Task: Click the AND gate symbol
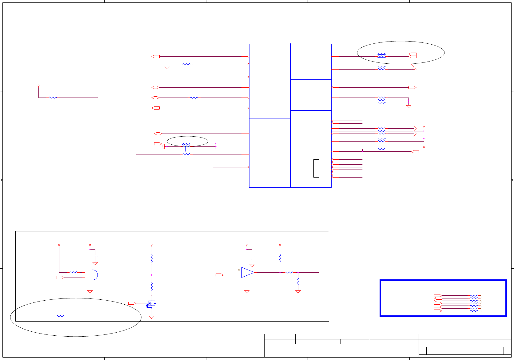click(x=91, y=275)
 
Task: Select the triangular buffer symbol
click(x=248, y=272)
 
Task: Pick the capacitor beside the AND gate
click(x=95, y=255)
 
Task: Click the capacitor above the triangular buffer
click(x=252, y=255)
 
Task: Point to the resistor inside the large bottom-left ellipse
click(x=61, y=316)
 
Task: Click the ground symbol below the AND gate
click(x=90, y=291)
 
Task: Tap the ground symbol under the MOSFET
click(x=151, y=317)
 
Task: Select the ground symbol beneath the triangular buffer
click(x=246, y=291)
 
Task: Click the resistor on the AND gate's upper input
click(x=73, y=272)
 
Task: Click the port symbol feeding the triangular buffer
click(x=220, y=275)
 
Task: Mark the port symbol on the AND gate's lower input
click(x=60, y=278)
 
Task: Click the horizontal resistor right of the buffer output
click(x=289, y=272)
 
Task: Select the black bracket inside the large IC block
click(x=316, y=168)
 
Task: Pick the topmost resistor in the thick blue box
click(x=474, y=296)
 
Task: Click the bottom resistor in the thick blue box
click(x=474, y=311)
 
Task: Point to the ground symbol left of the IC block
click(x=167, y=68)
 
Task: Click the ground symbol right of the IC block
click(x=408, y=106)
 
